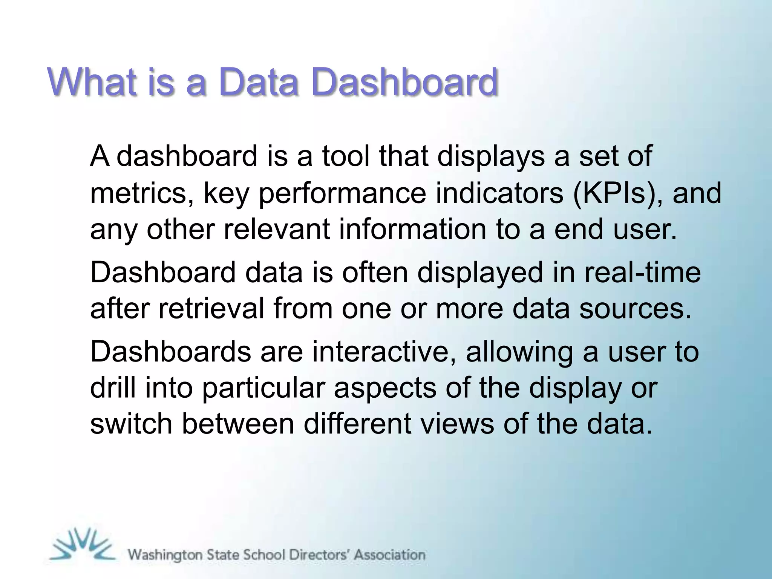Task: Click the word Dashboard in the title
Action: tap(404, 82)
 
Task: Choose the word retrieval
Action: tap(211, 309)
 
